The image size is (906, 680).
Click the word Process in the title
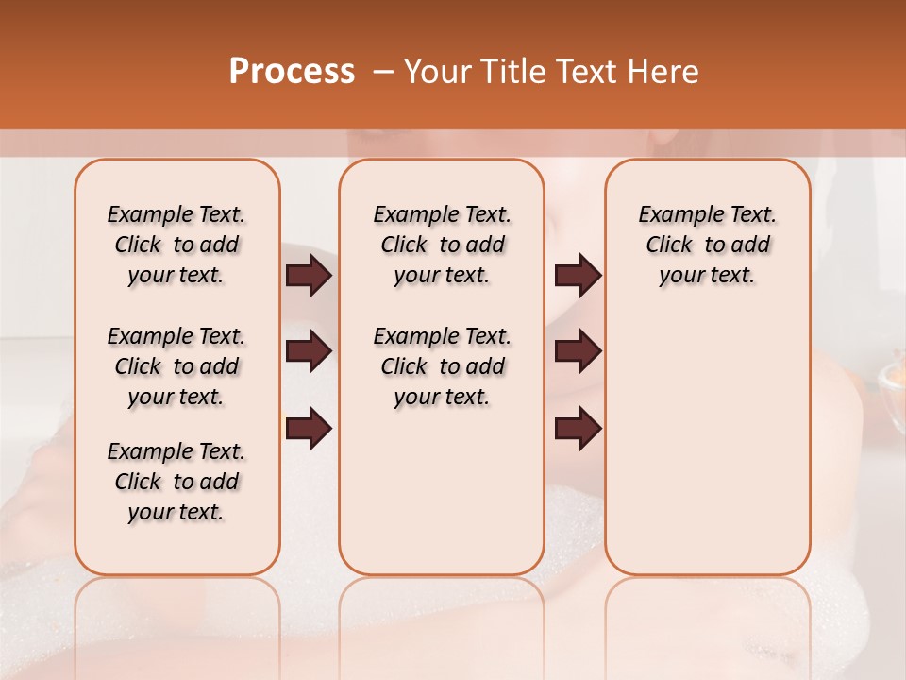click(292, 72)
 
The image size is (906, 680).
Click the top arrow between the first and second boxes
click(309, 276)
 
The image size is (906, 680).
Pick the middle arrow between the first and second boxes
click(309, 351)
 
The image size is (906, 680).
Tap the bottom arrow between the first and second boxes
click(309, 429)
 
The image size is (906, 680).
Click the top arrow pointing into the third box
click(578, 276)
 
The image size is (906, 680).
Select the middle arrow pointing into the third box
click(578, 351)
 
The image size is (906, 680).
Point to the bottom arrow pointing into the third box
click(578, 429)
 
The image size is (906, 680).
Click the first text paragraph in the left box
click(176, 245)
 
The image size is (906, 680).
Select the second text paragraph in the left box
click(176, 366)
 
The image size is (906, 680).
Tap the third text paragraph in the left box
click(176, 482)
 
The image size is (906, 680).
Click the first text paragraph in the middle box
click(442, 245)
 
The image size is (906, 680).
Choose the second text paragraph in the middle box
click(442, 366)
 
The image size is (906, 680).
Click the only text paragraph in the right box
click(707, 245)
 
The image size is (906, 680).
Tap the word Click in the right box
click(669, 246)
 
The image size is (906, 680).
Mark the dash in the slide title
click(383, 73)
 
